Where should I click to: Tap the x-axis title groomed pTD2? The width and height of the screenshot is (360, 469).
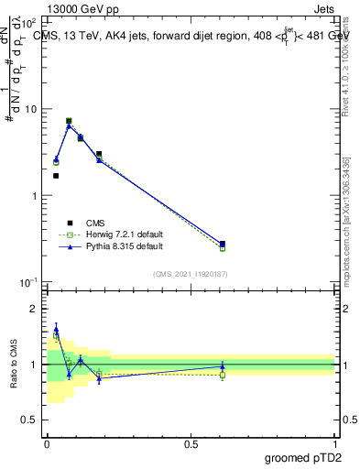coord(305,455)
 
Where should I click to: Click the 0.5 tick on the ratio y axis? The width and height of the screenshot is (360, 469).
coord(30,420)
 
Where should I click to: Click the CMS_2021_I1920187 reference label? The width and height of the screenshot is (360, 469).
coord(191,274)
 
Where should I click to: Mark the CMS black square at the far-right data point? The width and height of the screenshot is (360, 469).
coord(223,244)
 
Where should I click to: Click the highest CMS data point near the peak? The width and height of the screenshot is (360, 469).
coord(69,121)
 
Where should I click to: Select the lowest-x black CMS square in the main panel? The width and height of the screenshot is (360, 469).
coord(56,176)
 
